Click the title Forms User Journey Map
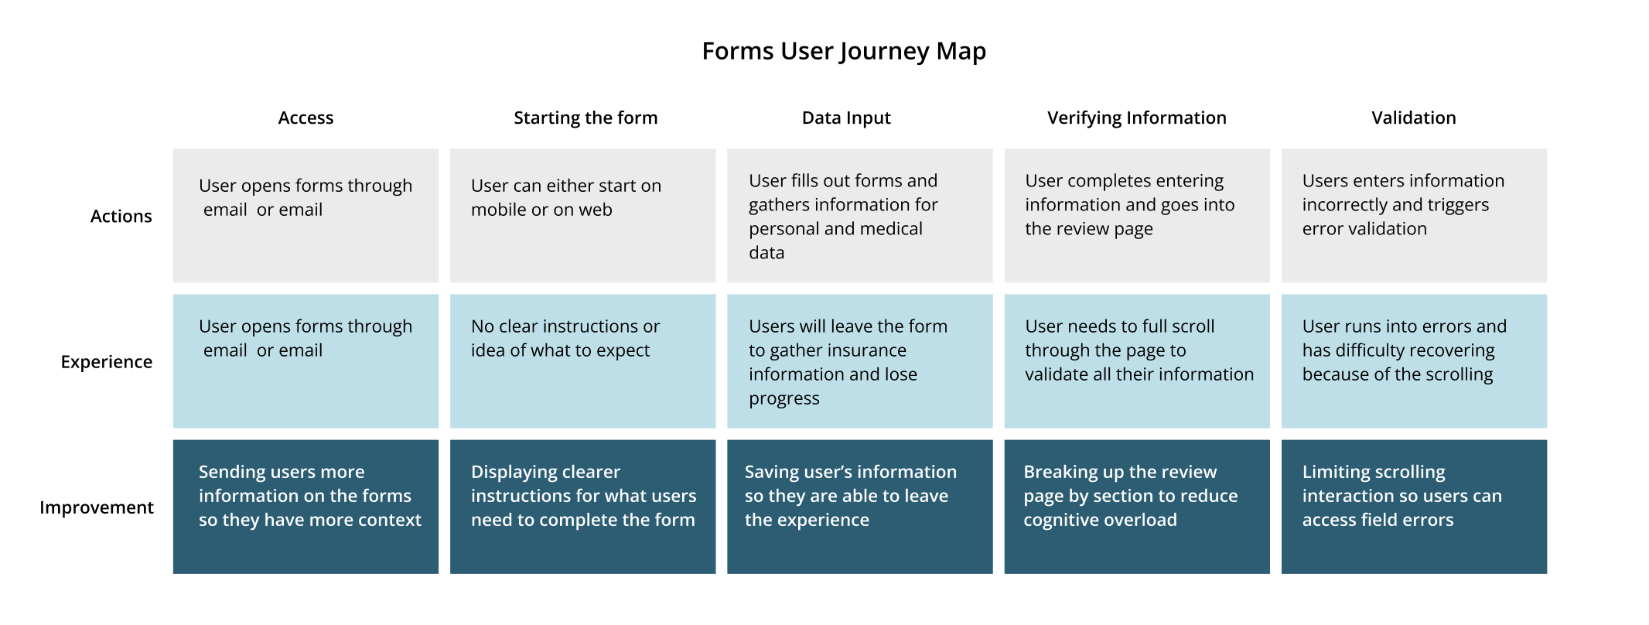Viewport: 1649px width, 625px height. point(844,51)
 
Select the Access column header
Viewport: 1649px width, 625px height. point(306,118)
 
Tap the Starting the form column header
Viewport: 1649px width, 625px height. point(586,118)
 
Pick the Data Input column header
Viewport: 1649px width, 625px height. point(846,118)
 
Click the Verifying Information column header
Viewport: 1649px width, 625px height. point(1137,118)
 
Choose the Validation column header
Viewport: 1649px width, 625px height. point(1414,118)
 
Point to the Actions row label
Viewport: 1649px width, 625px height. point(121,216)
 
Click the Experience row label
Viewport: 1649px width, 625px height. point(107,362)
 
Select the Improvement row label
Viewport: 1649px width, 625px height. point(97,507)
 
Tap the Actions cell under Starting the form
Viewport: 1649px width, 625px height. point(583,215)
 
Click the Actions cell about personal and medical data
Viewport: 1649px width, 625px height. point(860,215)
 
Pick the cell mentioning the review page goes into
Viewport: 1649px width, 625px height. point(1137,215)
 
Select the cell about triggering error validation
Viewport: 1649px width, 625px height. point(1414,215)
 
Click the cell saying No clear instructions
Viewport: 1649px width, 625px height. point(583,361)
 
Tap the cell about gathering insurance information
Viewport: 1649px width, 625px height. point(860,361)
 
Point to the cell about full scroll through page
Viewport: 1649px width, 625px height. point(1137,361)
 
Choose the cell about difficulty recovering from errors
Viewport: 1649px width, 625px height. point(1414,361)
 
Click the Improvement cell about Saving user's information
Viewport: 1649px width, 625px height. point(860,507)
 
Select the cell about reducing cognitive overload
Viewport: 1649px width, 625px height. point(1137,507)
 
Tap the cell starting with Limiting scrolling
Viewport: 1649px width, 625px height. point(1414,507)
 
